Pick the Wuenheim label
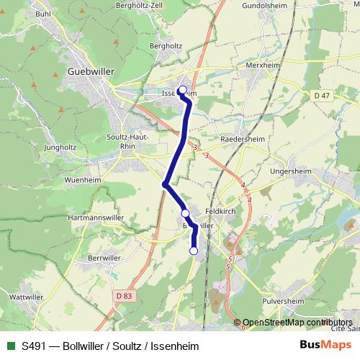coord(82,179)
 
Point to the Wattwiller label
coord(28,297)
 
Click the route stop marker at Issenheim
coord(182,90)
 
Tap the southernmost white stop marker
coord(193,251)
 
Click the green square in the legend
coord(9,346)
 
